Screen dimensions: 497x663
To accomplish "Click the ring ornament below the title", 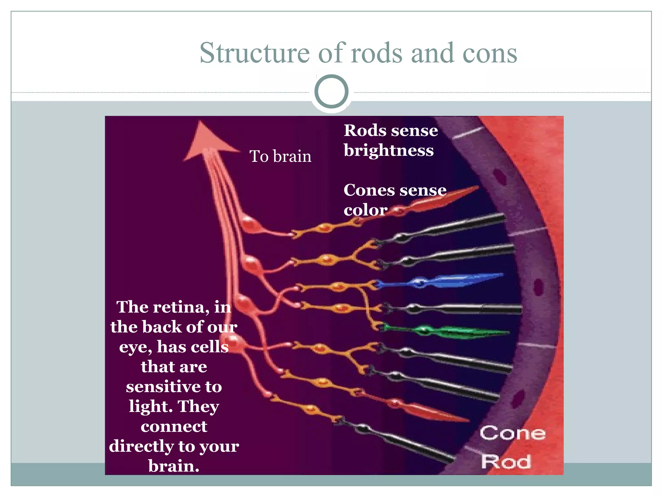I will [331, 91].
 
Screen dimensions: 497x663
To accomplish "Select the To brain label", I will [280, 156].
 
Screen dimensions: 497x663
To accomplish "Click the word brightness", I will [388, 150].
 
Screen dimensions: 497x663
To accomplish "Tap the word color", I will [365, 210].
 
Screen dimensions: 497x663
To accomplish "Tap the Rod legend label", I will [506, 461].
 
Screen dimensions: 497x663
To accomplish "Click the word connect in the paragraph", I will [174, 426].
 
